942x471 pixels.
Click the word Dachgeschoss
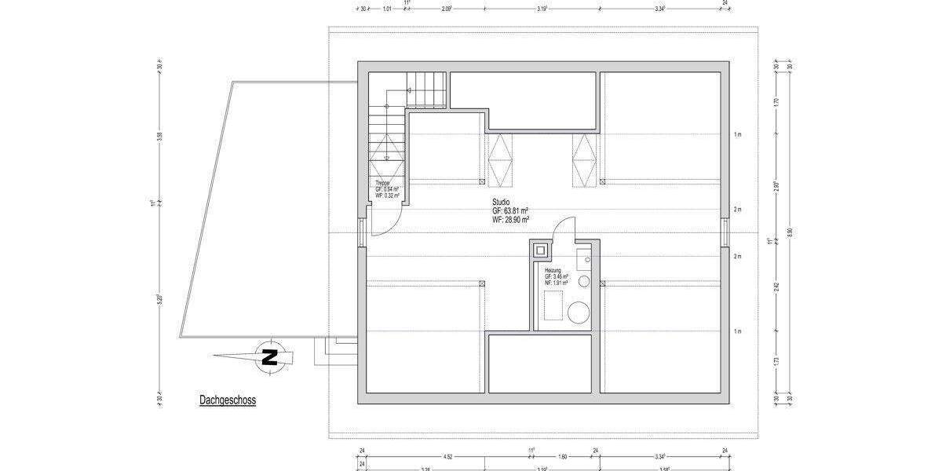[x=227, y=400]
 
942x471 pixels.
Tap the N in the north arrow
[x=270, y=357]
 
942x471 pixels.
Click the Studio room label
[x=501, y=203]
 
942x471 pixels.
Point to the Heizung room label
[x=553, y=270]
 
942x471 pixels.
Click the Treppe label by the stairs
[x=382, y=182]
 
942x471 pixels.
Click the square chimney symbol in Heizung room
[x=540, y=251]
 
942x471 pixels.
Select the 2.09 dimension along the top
[x=447, y=9]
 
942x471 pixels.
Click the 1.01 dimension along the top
[x=387, y=9]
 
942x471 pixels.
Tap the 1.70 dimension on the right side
[x=776, y=101]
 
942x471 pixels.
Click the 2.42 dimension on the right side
[x=776, y=286]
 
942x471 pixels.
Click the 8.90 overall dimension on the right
[x=790, y=233]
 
